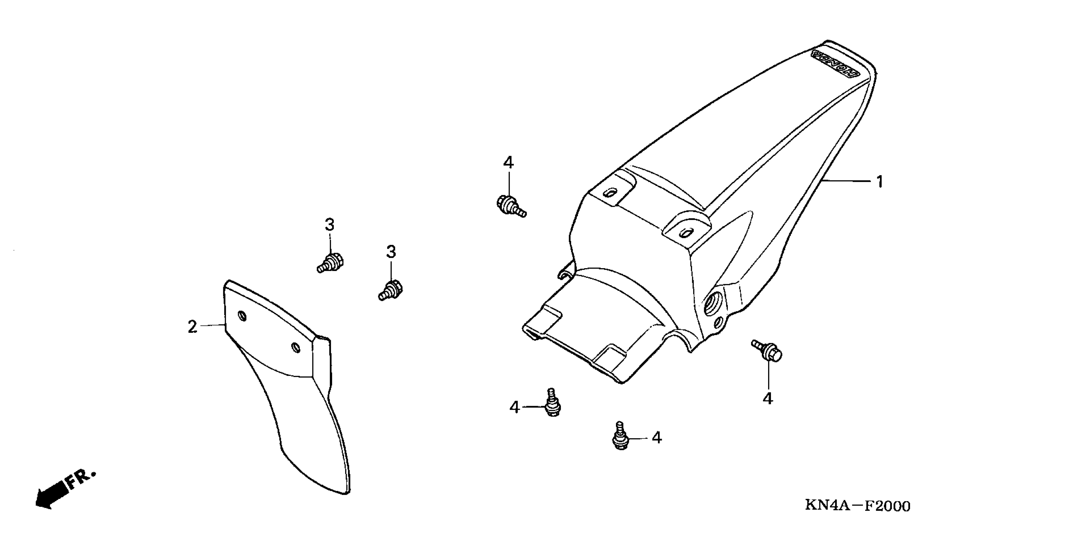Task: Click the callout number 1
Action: click(880, 182)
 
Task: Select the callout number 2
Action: click(193, 326)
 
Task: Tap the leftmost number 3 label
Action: click(330, 224)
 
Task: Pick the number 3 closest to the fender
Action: click(391, 252)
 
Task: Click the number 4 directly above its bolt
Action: click(508, 162)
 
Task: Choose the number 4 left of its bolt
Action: click(514, 407)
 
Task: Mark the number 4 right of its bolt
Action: click(656, 437)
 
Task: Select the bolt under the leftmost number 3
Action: click(331, 262)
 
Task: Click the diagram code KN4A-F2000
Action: click(857, 506)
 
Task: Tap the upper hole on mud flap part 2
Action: click(243, 316)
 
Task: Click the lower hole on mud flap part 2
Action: click(296, 348)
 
